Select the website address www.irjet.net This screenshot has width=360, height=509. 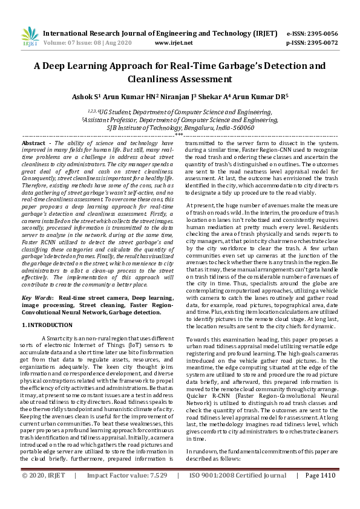174,43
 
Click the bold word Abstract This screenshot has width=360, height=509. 34,142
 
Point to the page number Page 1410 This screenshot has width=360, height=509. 320,493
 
